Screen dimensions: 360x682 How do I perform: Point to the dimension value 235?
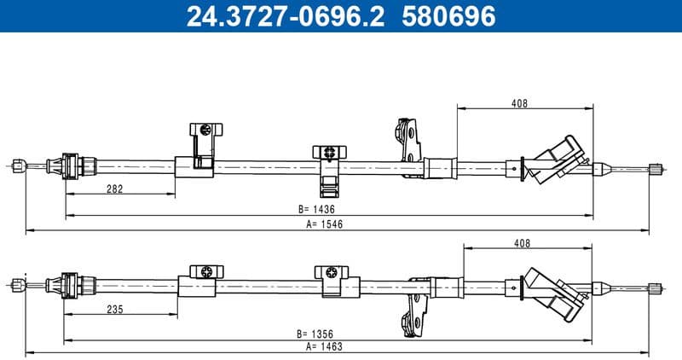pyautogui.click(x=116, y=309)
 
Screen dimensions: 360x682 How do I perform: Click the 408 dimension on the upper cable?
pyautogui.click(x=520, y=103)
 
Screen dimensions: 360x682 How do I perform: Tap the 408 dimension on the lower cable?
pyautogui.click(x=523, y=243)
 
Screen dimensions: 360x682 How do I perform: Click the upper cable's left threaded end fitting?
pyautogui.click(x=18, y=164)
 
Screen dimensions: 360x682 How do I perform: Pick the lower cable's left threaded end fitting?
pyautogui.click(x=18, y=282)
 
